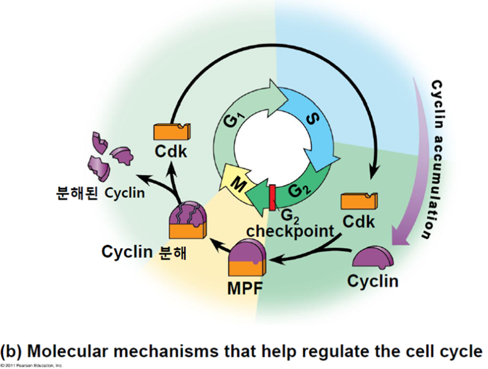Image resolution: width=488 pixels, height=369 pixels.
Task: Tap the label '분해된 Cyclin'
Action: [x=98, y=195]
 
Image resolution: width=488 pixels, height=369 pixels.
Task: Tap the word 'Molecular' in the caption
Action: [x=83, y=351]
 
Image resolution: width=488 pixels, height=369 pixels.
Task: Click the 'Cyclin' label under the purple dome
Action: [x=373, y=282]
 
